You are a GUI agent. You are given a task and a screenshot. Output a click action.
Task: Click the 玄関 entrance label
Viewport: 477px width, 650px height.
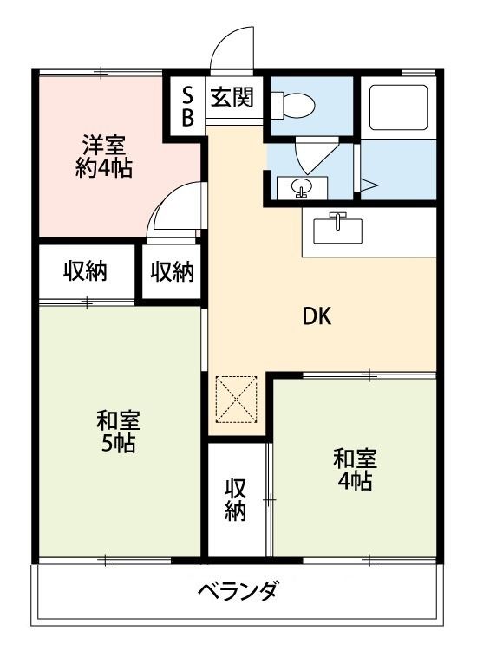[232, 97]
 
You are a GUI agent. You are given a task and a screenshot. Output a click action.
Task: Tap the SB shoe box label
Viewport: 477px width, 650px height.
[187, 104]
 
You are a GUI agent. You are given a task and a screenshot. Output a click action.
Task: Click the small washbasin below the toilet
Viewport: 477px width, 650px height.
[300, 185]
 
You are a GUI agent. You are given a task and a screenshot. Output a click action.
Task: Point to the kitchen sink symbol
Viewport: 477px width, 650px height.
[337, 229]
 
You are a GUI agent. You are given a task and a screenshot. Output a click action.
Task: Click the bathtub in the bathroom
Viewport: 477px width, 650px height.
[397, 106]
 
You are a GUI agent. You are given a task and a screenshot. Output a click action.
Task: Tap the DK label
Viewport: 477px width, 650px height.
[317, 317]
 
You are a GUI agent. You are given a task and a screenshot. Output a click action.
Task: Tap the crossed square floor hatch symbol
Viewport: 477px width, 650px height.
[236, 399]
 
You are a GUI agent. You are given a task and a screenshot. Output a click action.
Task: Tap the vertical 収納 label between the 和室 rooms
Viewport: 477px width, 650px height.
[236, 498]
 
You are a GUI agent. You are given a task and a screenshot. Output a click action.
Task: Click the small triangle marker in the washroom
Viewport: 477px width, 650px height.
[369, 183]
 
